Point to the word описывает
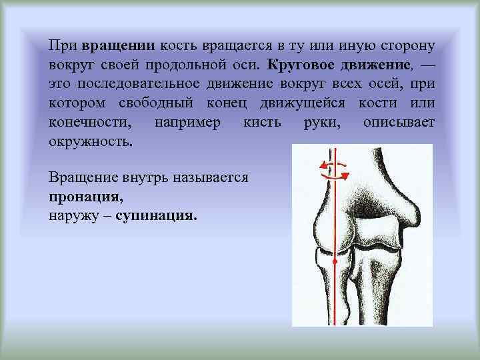tap(399, 123)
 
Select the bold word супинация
tap(156, 217)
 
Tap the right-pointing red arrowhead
tap(345, 175)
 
